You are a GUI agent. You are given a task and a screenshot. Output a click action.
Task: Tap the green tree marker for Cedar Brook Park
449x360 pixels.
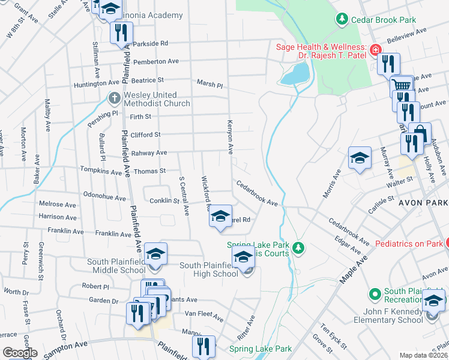342,20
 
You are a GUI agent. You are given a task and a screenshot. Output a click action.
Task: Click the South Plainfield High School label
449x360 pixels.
209,270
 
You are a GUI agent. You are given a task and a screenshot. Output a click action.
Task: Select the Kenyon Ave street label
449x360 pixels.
229,136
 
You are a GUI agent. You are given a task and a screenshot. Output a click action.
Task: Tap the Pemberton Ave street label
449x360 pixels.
156,61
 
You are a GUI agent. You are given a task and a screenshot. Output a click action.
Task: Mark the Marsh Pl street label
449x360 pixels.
209,84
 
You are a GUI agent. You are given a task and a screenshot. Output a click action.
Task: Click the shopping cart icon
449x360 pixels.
402,86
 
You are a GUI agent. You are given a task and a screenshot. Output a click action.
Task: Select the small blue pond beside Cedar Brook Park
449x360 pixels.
294,74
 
